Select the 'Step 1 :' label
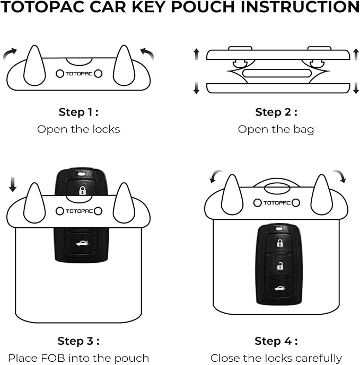(x=78, y=112)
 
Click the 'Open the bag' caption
(x=276, y=129)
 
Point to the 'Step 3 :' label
(x=78, y=341)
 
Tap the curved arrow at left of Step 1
(x=10, y=52)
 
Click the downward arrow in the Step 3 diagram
(x=13, y=184)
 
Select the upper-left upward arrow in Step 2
(x=196, y=54)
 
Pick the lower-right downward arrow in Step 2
(x=356, y=88)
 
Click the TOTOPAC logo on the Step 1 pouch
(x=79, y=74)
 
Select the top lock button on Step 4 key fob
(x=279, y=243)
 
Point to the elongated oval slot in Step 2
(x=276, y=73)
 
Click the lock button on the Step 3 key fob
(x=82, y=190)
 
